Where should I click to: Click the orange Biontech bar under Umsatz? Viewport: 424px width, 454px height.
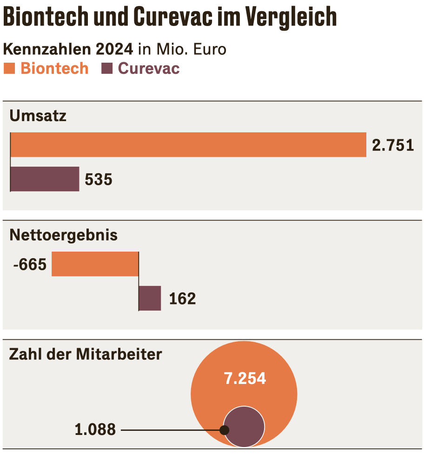(x=188, y=145)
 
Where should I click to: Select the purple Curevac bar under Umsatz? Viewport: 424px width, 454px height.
(x=45, y=179)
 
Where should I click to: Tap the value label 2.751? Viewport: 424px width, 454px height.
(x=393, y=145)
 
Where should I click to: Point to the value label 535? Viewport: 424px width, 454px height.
(x=99, y=180)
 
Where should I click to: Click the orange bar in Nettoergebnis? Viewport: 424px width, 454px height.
(x=95, y=264)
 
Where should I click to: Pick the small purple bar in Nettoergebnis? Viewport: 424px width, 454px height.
(x=150, y=298)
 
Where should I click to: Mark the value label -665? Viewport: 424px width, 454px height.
(x=30, y=265)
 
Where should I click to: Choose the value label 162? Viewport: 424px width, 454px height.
(x=182, y=299)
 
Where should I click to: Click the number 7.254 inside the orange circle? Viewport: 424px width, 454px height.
(x=245, y=379)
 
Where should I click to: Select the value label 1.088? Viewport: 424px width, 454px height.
(x=95, y=430)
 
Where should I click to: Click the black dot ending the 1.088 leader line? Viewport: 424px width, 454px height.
(x=225, y=430)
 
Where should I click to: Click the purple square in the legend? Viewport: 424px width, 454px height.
(x=107, y=69)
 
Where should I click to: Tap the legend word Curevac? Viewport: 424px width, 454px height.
(x=149, y=69)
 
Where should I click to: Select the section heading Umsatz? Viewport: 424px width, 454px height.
(x=38, y=116)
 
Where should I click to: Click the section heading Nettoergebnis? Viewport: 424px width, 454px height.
(x=64, y=235)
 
